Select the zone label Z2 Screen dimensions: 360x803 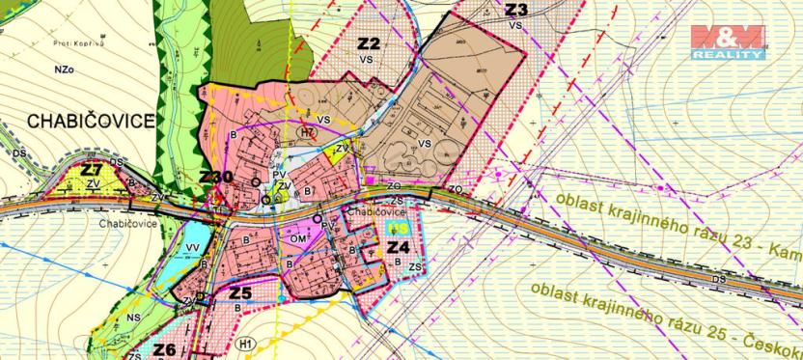click(368, 43)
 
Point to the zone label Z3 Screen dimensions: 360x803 click(515, 10)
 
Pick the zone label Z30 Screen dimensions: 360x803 click(216, 177)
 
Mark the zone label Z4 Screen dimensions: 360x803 click(399, 247)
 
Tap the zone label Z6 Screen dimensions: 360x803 click(165, 349)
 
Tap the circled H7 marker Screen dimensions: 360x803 click(307, 132)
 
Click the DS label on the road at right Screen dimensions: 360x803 click(718, 279)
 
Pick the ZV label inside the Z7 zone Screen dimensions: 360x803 click(94, 181)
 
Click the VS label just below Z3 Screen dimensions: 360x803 click(515, 24)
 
